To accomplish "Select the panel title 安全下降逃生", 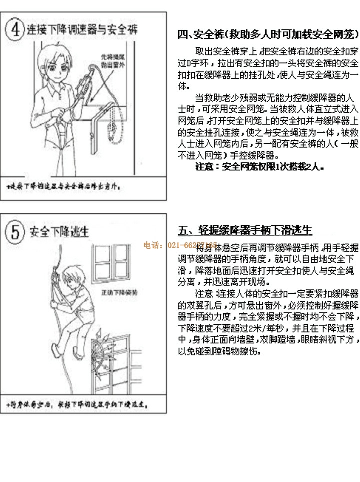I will [x=59, y=232].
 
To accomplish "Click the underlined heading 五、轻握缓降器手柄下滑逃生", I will [x=245, y=230].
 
